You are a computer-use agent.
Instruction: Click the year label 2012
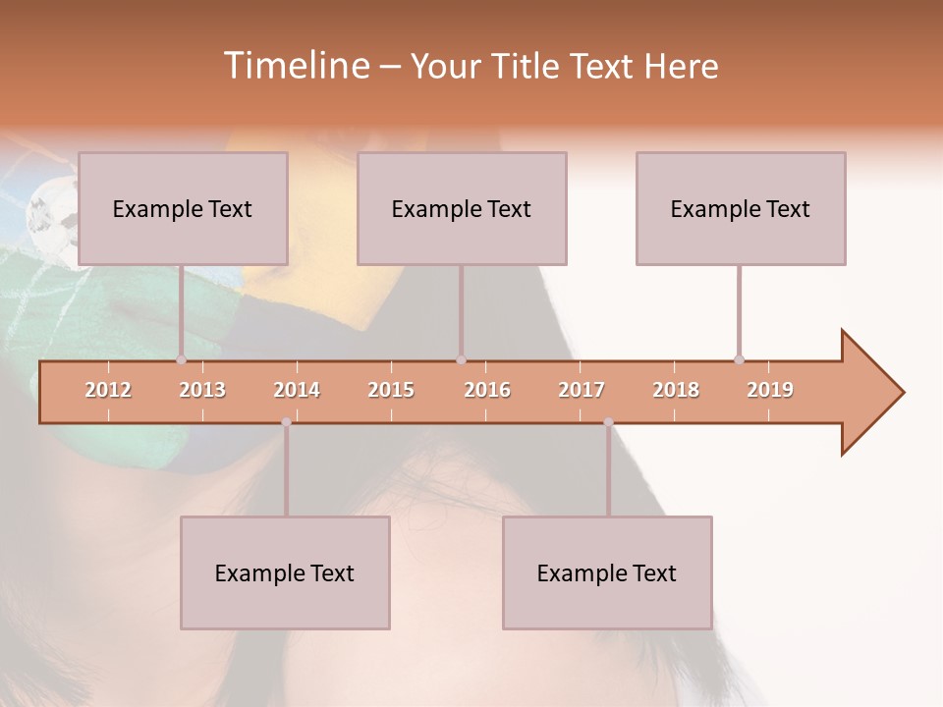[108, 390]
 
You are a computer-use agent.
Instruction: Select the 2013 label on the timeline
[202, 390]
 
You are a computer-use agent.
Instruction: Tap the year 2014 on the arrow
[297, 390]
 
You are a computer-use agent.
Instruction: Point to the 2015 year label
[391, 390]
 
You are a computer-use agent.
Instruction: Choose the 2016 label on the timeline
[487, 390]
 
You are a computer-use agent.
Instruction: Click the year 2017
[582, 390]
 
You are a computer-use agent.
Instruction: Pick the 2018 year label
[676, 390]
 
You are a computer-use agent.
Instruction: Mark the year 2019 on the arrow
[770, 390]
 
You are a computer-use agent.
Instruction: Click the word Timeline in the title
[296, 66]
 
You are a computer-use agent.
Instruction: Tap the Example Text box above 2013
[183, 208]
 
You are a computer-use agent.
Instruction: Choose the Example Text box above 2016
[462, 208]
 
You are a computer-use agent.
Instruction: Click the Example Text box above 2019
[741, 208]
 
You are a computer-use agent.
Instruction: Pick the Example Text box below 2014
[285, 572]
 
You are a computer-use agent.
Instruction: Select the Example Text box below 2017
[607, 572]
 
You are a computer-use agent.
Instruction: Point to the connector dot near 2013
[181, 360]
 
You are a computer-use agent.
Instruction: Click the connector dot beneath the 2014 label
[286, 422]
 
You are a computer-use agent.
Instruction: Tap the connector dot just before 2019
[739, 360]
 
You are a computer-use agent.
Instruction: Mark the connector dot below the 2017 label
[608, 422]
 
